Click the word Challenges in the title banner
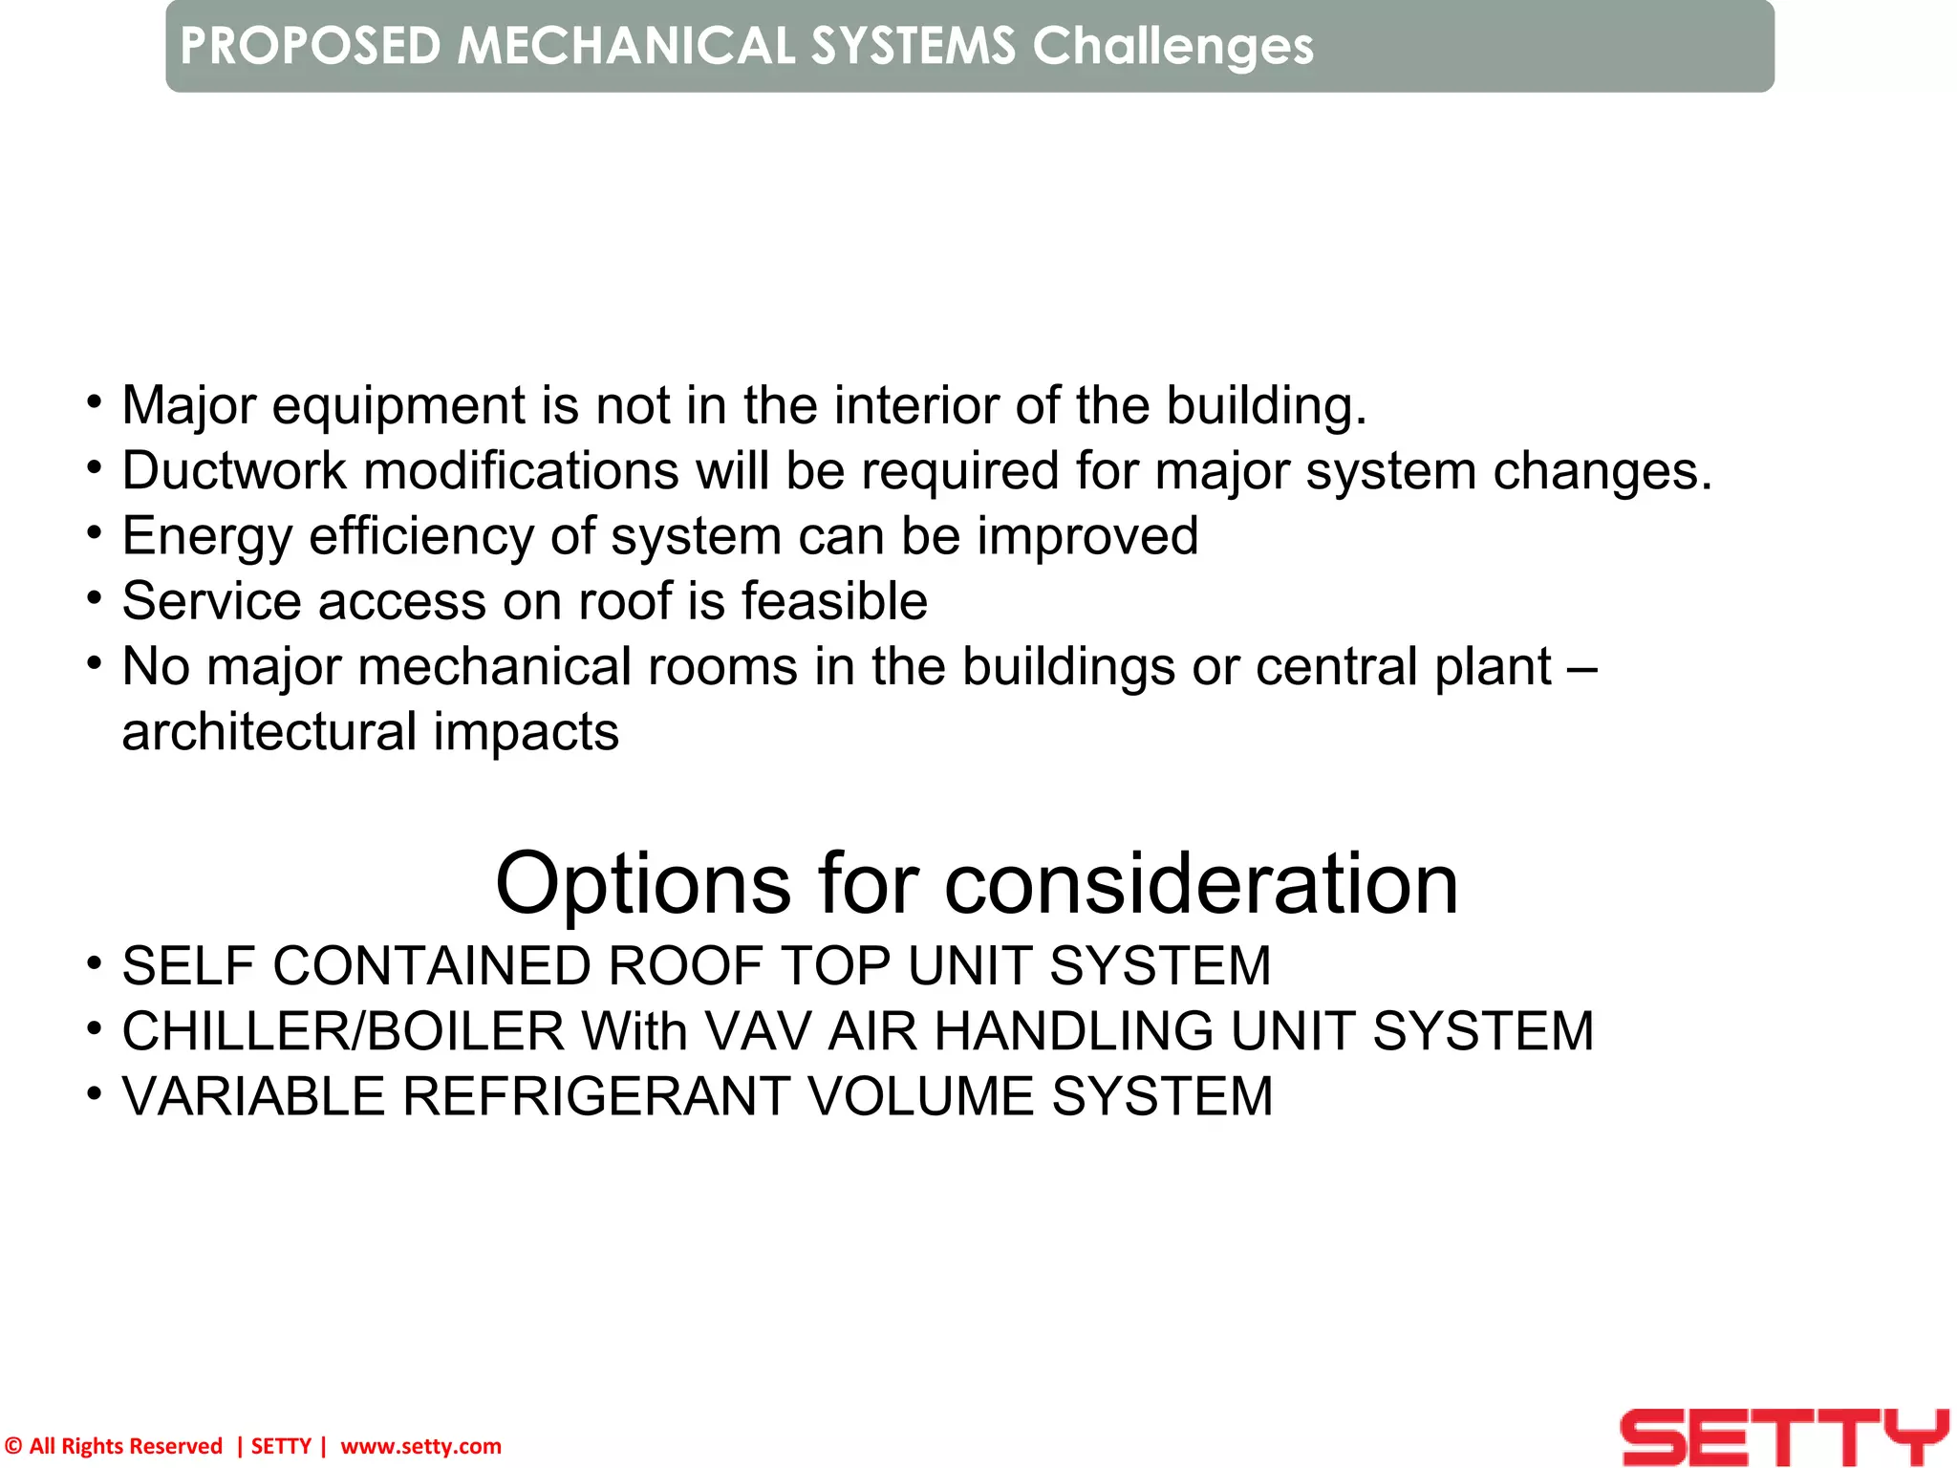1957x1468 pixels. click(x=1172, y=46)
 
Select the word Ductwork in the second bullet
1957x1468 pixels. click(x=234, y=471)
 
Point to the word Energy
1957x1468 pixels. click(x=206, y=536)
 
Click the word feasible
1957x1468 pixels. click(x=834, y=601)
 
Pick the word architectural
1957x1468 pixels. click(x=269, y=732)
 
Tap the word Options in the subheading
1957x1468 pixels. click(x=643, y=884)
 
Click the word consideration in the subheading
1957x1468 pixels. click(x=1201, y=884)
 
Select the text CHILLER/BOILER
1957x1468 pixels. click(x=343, y=1031)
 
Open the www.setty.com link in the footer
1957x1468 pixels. click(x=420, y=1446)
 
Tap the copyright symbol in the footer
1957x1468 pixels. click(x=13, y=1446)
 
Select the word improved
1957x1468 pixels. click(x=1086, y=536)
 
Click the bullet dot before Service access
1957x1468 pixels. click(x=94, y=599)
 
